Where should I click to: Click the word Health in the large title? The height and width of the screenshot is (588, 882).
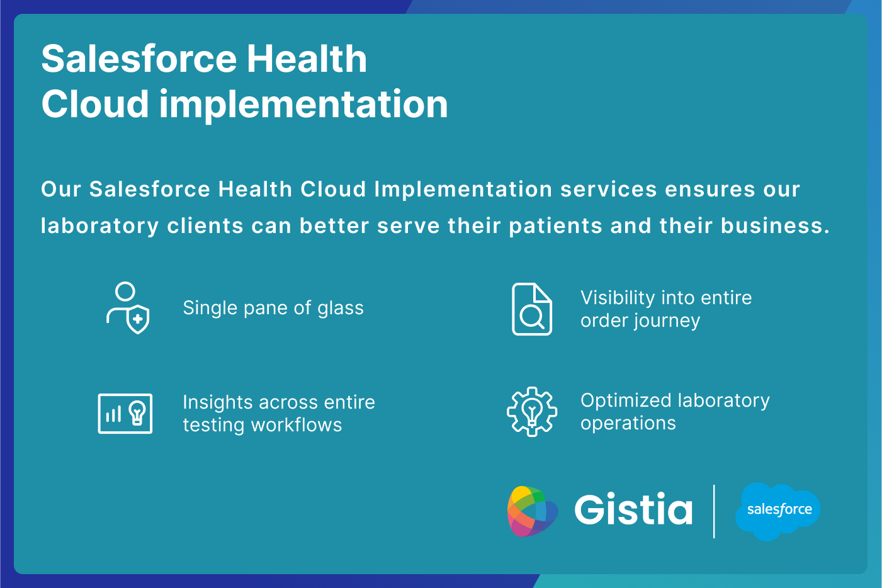307,59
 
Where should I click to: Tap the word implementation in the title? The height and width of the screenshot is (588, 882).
303,104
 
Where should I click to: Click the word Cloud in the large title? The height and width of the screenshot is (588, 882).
95,104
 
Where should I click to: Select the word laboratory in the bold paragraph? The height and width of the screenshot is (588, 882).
100,226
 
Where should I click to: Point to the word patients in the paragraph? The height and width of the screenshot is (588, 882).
556,226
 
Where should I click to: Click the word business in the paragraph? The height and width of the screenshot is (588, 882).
775,225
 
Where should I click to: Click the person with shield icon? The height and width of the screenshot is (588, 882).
128,308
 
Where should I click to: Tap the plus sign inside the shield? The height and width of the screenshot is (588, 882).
138,319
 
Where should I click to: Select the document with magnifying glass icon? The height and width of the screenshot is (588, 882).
532,309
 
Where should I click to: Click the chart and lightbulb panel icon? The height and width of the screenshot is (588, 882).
125,414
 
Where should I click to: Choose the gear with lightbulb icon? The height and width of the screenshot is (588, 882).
532,412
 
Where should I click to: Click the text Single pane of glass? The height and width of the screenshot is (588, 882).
273,308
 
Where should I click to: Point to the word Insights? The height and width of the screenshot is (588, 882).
217,402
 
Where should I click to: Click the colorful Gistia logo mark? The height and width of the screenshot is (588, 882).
533,511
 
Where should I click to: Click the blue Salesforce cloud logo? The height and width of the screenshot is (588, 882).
777,511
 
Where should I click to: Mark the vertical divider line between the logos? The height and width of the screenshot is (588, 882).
714,511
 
